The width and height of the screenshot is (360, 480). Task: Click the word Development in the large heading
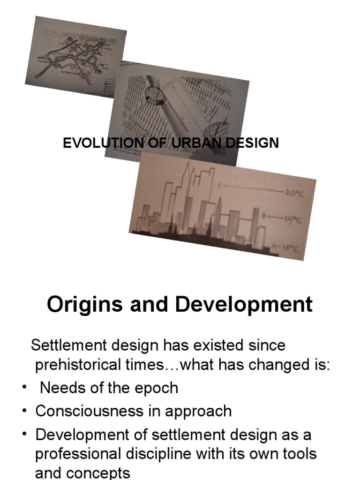point(244,304)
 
